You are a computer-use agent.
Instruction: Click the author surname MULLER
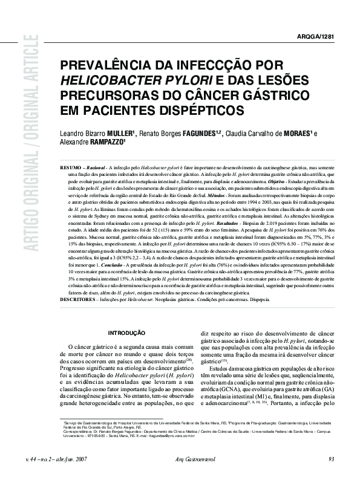[119, 133]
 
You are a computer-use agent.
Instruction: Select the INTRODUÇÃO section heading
[126, 315]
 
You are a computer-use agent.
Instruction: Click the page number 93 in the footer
[331, 459]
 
